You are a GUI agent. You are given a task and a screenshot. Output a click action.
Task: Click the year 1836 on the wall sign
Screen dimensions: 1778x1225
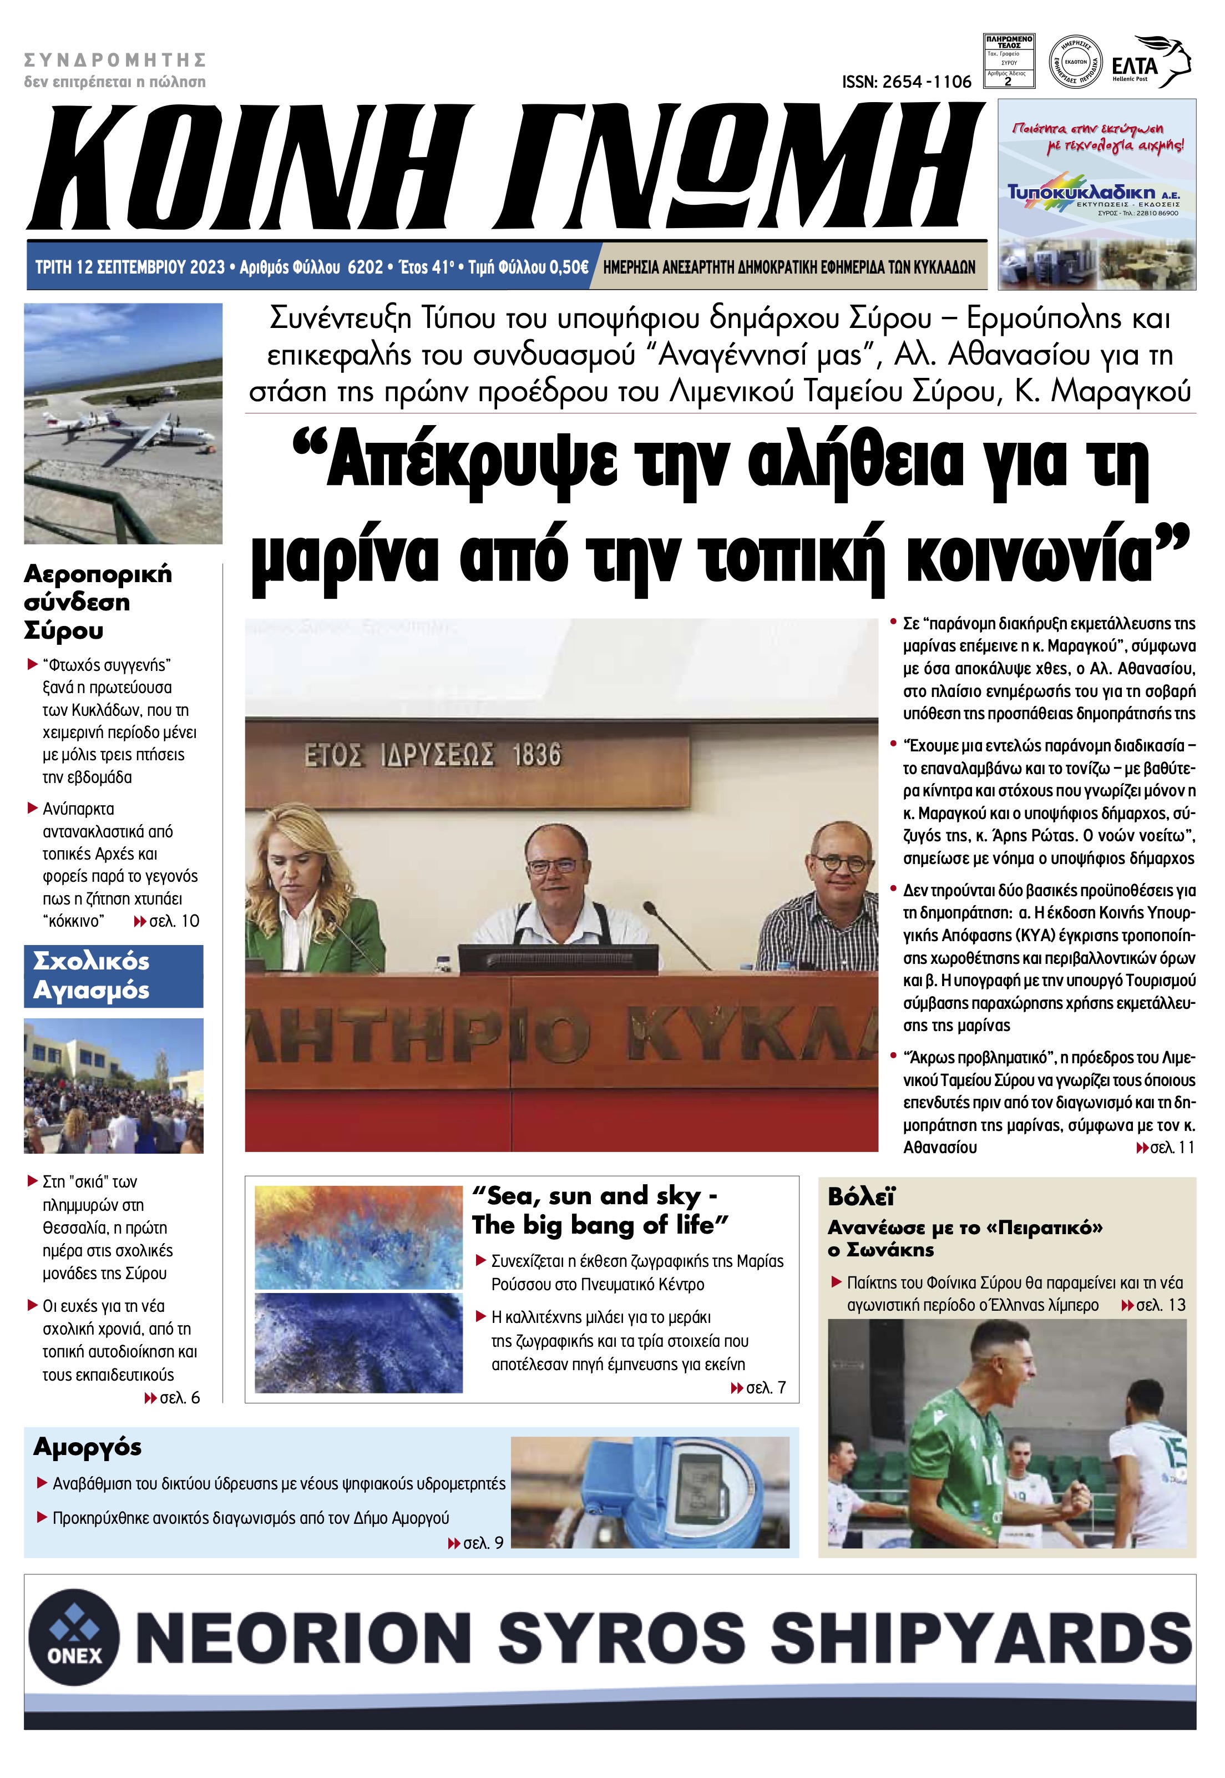pyautogui.click(x=536, y=755)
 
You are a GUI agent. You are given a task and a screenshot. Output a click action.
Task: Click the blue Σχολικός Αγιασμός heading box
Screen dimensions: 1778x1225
pyautogui.click(x=114, y=976)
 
